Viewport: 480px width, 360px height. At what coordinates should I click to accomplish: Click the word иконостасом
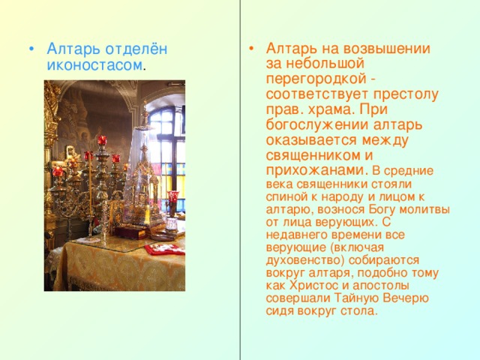click(93, 65)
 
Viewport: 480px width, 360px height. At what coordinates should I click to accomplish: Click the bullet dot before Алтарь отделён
click(30, 49)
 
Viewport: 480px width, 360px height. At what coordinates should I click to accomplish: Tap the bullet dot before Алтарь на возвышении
click(250, 49)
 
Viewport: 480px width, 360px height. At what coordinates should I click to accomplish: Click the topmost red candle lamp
click(101, 140)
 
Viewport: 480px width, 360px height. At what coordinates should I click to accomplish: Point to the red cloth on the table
click(163, 248)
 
